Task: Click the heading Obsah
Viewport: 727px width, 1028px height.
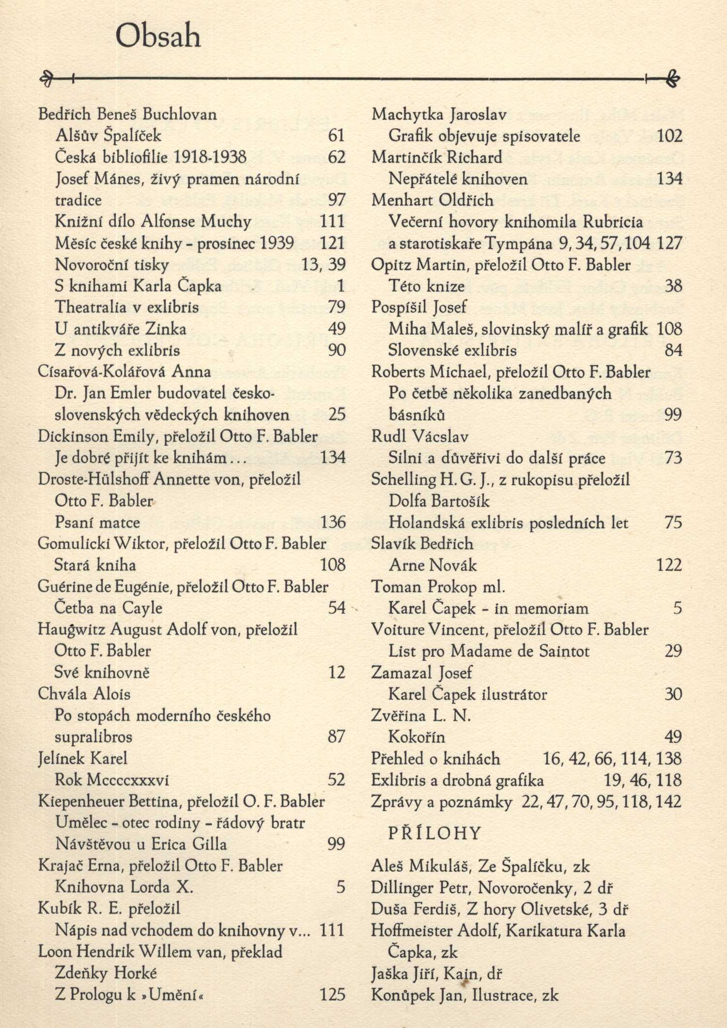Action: pyautogui.click(x=158, y=36)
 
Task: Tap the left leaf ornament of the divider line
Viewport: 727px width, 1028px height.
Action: pyautogui.click(x=47, y=78)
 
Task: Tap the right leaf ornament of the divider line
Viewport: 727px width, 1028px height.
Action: pyautogui.click(x=673, y=78)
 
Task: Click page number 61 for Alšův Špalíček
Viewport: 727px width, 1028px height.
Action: pyautogui.click(x=336, y=136)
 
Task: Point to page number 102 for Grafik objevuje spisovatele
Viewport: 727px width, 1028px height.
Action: pyautogui.click(x=669, y=136)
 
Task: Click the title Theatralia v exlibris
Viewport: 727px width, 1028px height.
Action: pyautogui.click(x=127, y=307)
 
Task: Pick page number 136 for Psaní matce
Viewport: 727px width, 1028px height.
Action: pyautogui.click(x=333, y=522)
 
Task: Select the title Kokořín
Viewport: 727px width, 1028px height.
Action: pyautogui.click(x=417, y=737)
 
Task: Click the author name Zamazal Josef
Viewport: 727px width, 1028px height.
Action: pyautogui.click(x=421, y=673)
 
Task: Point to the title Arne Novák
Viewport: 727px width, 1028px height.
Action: pyautogui.click(x=433, y=565)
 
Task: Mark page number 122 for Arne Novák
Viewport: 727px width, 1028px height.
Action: pyautogui.click(x=669, y=565)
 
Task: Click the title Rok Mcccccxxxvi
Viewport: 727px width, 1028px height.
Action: pyautogui.click(x=112, y=780)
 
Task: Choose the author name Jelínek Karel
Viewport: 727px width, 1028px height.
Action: pyautogui.click(x=82, y=758)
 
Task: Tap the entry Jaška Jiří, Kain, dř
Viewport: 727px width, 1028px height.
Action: pyautogui.click(x=436, y=973)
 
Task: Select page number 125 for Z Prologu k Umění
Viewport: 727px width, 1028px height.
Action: pyautogui.click(x=332, y=995)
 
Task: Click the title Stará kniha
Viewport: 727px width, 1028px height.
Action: pyautogui.click(x=95, y=565)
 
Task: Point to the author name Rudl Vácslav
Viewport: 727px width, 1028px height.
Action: pyautogui.click(x=419, y=436)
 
